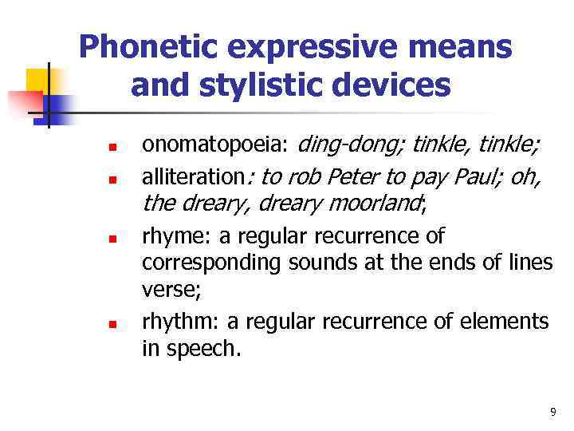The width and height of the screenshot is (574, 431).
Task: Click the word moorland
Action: point(374,204)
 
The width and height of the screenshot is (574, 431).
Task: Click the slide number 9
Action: point(552,412)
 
